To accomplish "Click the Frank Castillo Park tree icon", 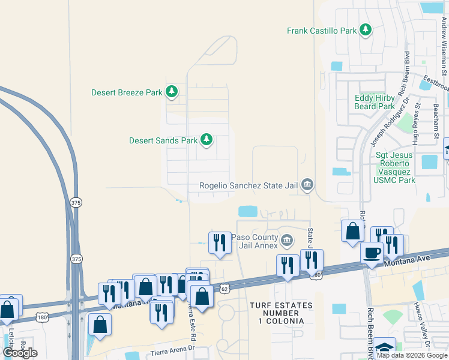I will coord(365,30).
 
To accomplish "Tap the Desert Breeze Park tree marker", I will coord(172,92).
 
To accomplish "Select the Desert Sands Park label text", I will coord(163,140).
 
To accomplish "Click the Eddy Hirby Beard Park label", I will coord(375,102).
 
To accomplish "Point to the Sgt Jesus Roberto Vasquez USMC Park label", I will coord(395,167).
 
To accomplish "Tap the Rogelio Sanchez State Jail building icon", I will coord(307,184).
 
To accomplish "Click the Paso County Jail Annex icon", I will coord(287,241).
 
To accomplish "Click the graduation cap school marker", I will coord(384,348).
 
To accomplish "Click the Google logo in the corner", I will coord(20,353).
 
